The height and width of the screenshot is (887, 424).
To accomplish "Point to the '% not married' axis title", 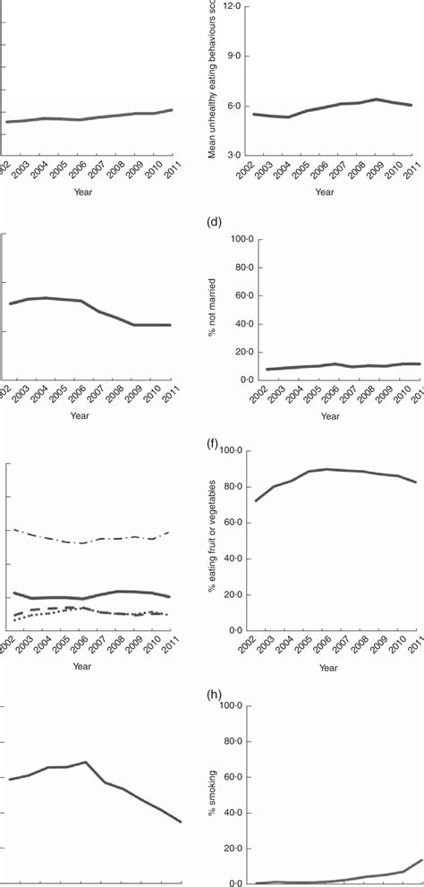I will click(212, 310).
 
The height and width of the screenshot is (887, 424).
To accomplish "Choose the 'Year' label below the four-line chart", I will click(81, 666).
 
